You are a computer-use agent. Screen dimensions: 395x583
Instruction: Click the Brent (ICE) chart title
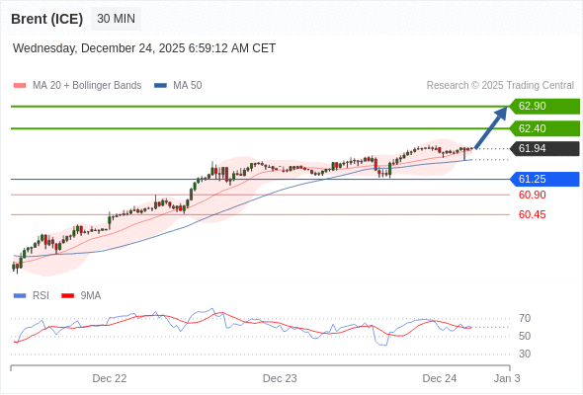tap(46, 19)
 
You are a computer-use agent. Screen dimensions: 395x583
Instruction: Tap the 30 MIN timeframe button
tap(117, 19)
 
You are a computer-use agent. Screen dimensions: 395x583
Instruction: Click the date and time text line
tap(144, 48)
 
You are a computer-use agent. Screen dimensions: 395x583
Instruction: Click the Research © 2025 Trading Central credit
tap(500, 85)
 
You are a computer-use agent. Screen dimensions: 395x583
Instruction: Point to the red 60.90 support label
tap(532, 195)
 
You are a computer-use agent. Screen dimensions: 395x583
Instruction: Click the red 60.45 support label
tap(532, 214)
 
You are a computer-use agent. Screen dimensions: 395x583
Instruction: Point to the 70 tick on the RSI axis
tap(525, 318)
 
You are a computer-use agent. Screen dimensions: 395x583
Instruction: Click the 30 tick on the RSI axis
tap(525, 354)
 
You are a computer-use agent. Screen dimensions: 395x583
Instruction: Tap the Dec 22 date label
tap(110, 378)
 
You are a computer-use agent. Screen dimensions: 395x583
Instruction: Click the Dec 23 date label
tap(280, 378)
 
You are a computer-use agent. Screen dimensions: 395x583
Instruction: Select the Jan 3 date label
tap(507, 378)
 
